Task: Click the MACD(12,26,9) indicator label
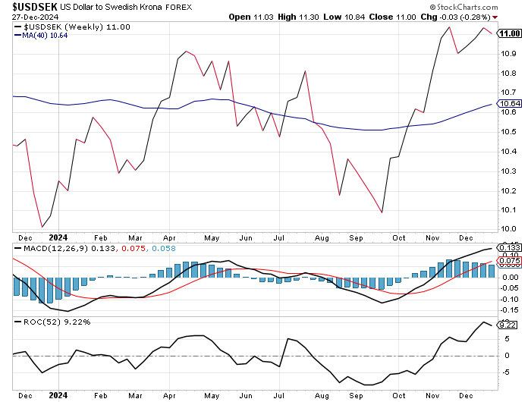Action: (48, 249)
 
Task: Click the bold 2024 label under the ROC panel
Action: (58, 394)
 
